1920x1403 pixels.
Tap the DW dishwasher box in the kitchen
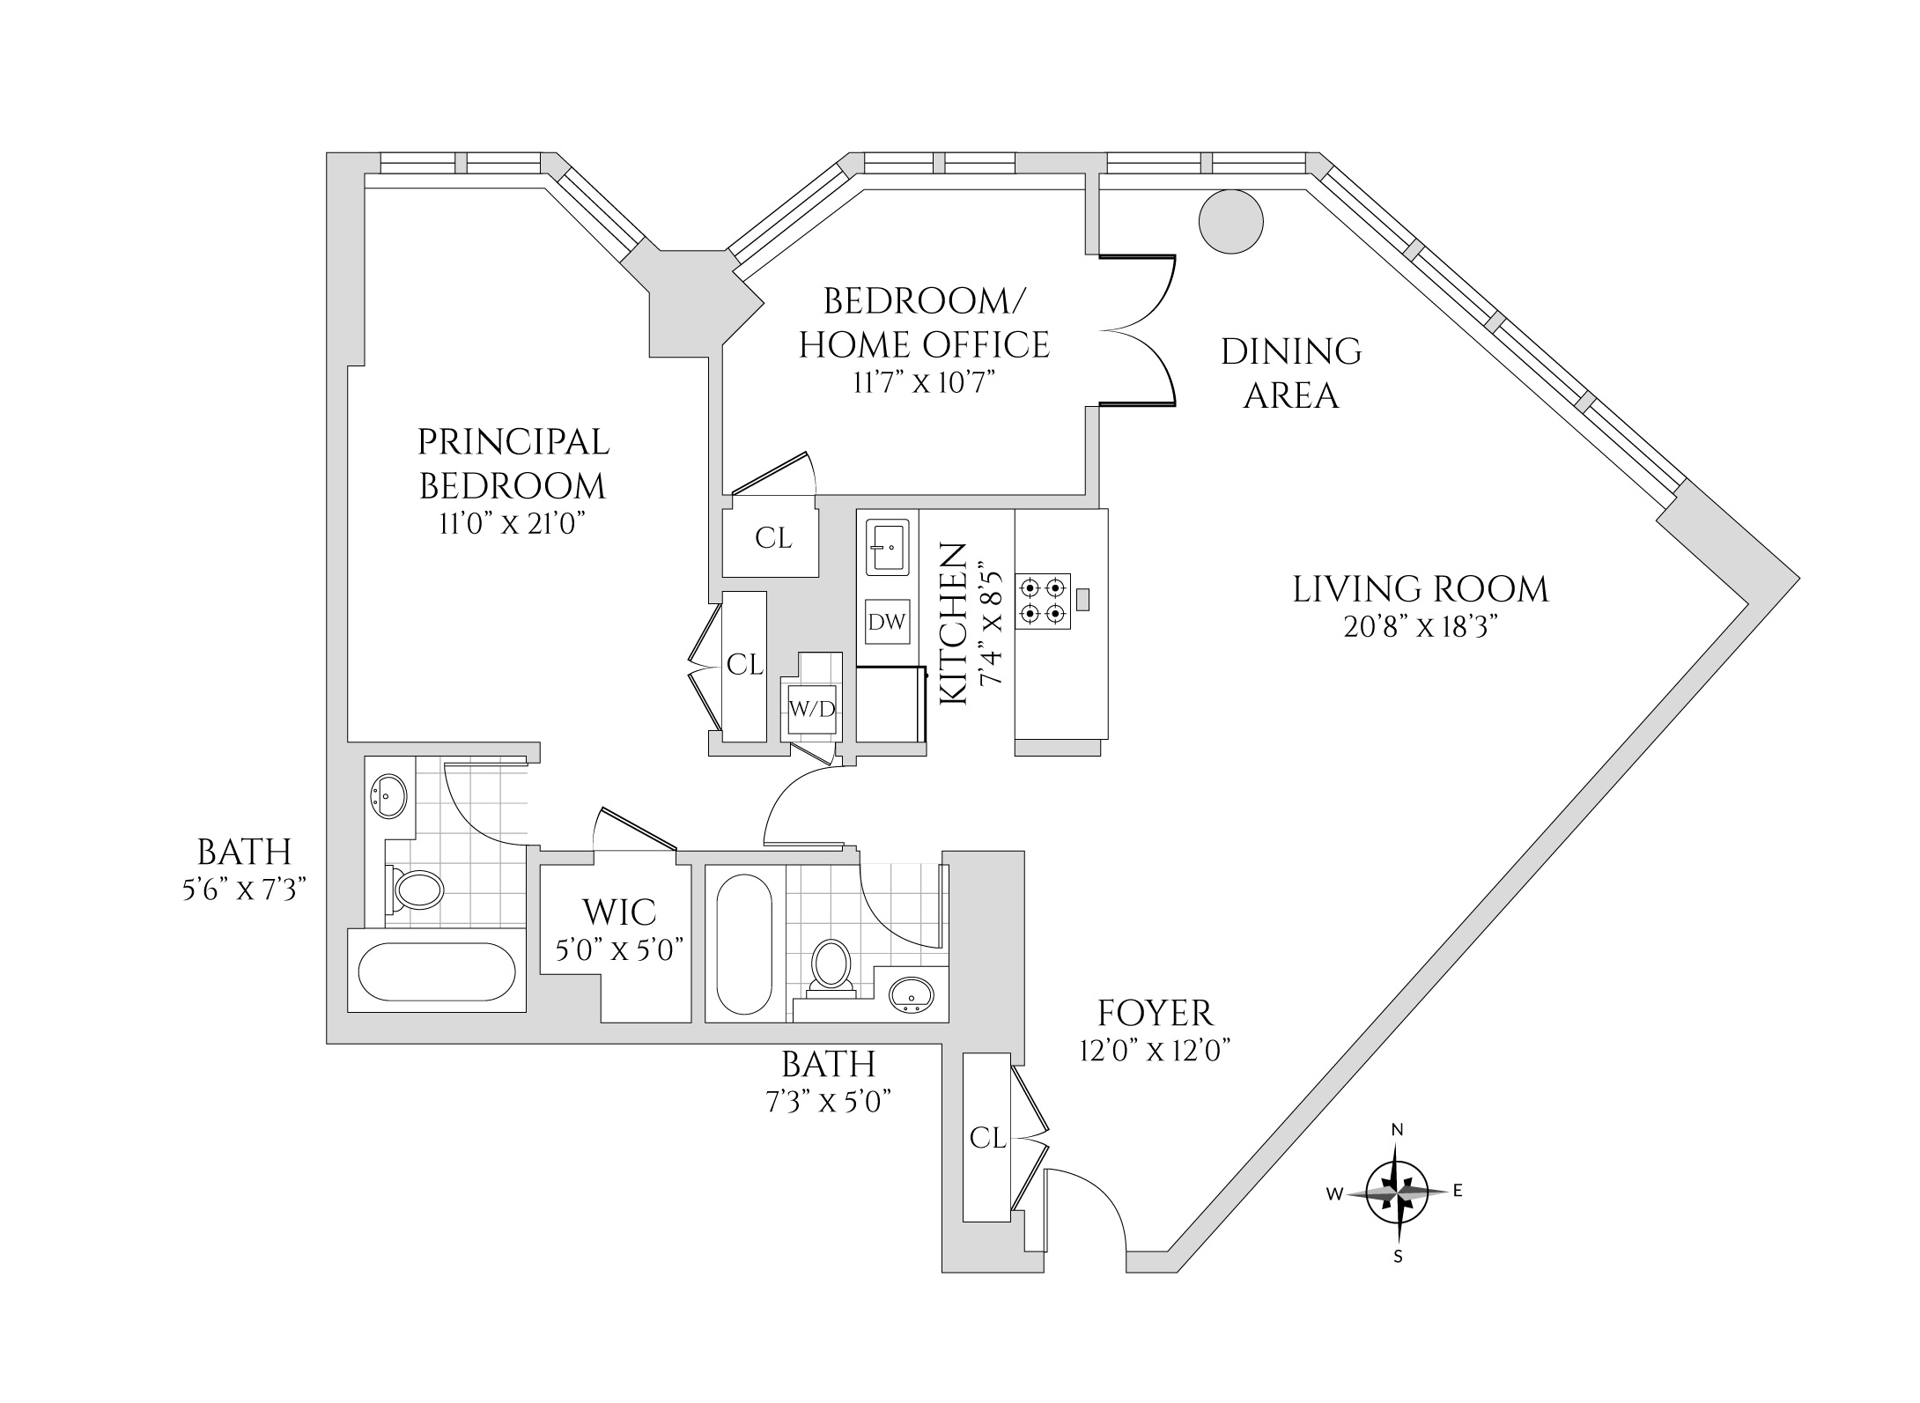coord(887,622)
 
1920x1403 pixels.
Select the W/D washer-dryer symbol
coord(812,709)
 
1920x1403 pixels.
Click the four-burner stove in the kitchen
coord(1044,601)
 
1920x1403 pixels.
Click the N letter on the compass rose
coord(1397,1130)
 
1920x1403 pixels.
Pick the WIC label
coord(618,912)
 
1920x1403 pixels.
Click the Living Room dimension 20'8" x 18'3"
coord(1421,627)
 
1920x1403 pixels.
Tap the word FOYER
coord(1155,1014)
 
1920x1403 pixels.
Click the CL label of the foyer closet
coord(987,1139)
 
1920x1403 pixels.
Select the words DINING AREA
coord(1290,373)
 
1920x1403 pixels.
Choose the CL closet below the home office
coord(772,538)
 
